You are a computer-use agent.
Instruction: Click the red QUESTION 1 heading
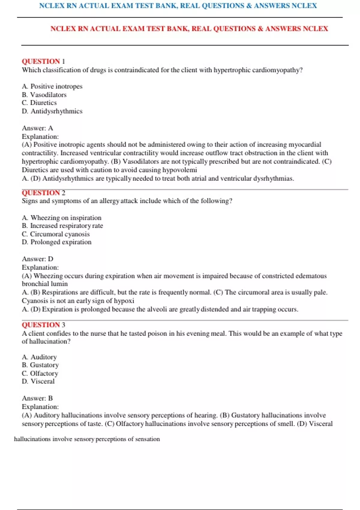(x=43, y=61)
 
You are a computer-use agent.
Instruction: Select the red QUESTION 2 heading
(x=43, y=193)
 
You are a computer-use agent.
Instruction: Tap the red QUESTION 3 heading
(x=43, y=325)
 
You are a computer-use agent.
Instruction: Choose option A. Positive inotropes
(x=52, y=86)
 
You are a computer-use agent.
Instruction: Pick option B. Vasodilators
(x=44, y=95)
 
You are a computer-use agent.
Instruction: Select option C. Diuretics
(x=39, y=103)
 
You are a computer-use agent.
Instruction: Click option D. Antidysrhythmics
(x=52, y=111)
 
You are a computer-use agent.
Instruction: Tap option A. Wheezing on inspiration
(x=61, y=217)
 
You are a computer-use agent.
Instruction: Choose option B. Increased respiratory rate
(x=62, y=226)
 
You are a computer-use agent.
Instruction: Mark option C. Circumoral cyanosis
(x=55, y=234)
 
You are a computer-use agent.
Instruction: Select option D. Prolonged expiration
(x=56, y=242)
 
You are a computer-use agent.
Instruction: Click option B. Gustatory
(x=40, y=365)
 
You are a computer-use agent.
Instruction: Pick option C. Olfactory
(x=40, y=373)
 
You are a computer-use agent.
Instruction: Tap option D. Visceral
(x=38, y=381)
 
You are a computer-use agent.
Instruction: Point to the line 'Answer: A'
(x=37, y=128)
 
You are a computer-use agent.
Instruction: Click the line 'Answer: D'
(x=37, y=259)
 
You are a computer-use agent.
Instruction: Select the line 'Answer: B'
(x=37, y=398)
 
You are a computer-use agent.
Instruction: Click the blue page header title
(x=178, y=6)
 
